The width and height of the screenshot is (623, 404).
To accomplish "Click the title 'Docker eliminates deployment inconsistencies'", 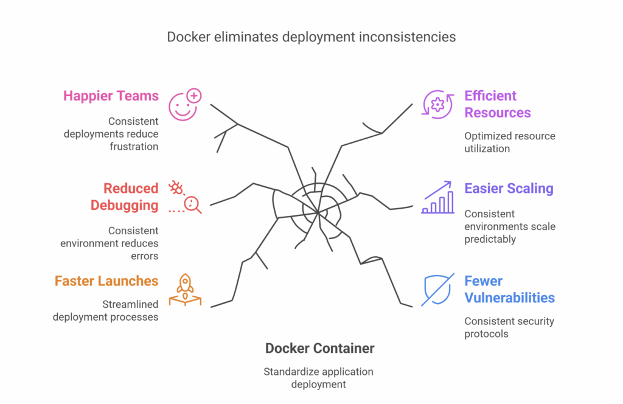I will pyautogui.click(x=311, y=37).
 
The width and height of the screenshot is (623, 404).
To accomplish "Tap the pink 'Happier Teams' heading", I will pyautogui.click(x=111, y=96).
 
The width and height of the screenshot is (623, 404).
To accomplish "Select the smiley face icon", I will pyautogui.click(x=184, y=105).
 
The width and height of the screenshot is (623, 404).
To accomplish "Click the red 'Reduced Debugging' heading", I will pyautogui.click(x=124, y=197).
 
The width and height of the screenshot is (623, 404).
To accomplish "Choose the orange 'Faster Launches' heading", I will pyautogui.click(x=106, y=281).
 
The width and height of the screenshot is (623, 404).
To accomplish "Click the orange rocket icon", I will pyautogui.click(x=185, y=290).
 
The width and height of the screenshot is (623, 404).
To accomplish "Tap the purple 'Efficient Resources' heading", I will pyautogui.click(x=498, y=104).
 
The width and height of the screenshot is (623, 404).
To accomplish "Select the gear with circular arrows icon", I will pyautogui.click(x=437, y=104).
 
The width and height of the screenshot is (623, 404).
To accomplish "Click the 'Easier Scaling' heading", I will pyautogui.click(x=509, y=189).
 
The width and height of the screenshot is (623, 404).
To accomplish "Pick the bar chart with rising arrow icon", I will pyautogui.click(x=438, y=197).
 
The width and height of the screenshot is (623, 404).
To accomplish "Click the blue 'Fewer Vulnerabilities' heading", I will pyautogui.click(x=509, y=290).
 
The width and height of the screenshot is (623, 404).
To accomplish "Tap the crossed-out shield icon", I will pyautogui.click(x=437, y=290).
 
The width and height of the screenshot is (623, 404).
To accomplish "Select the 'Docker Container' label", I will pyautogui.click(x=319, y=349).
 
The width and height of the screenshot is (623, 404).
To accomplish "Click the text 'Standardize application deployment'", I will pyautogui.click(x=318, y=378).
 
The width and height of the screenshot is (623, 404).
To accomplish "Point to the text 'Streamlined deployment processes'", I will pyautogui.click(x=105, y=310).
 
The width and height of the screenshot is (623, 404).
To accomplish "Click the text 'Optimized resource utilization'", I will pyautogui.click(x=509, y=142).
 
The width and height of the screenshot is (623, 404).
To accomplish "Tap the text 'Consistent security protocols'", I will pyautogui.click(x=509, y=327).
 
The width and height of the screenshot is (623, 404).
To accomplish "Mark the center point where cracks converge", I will pyautogui.click(x=318, y=213).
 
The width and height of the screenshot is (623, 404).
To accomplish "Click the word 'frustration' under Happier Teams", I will pyautogui.click(x=134, y=147).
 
